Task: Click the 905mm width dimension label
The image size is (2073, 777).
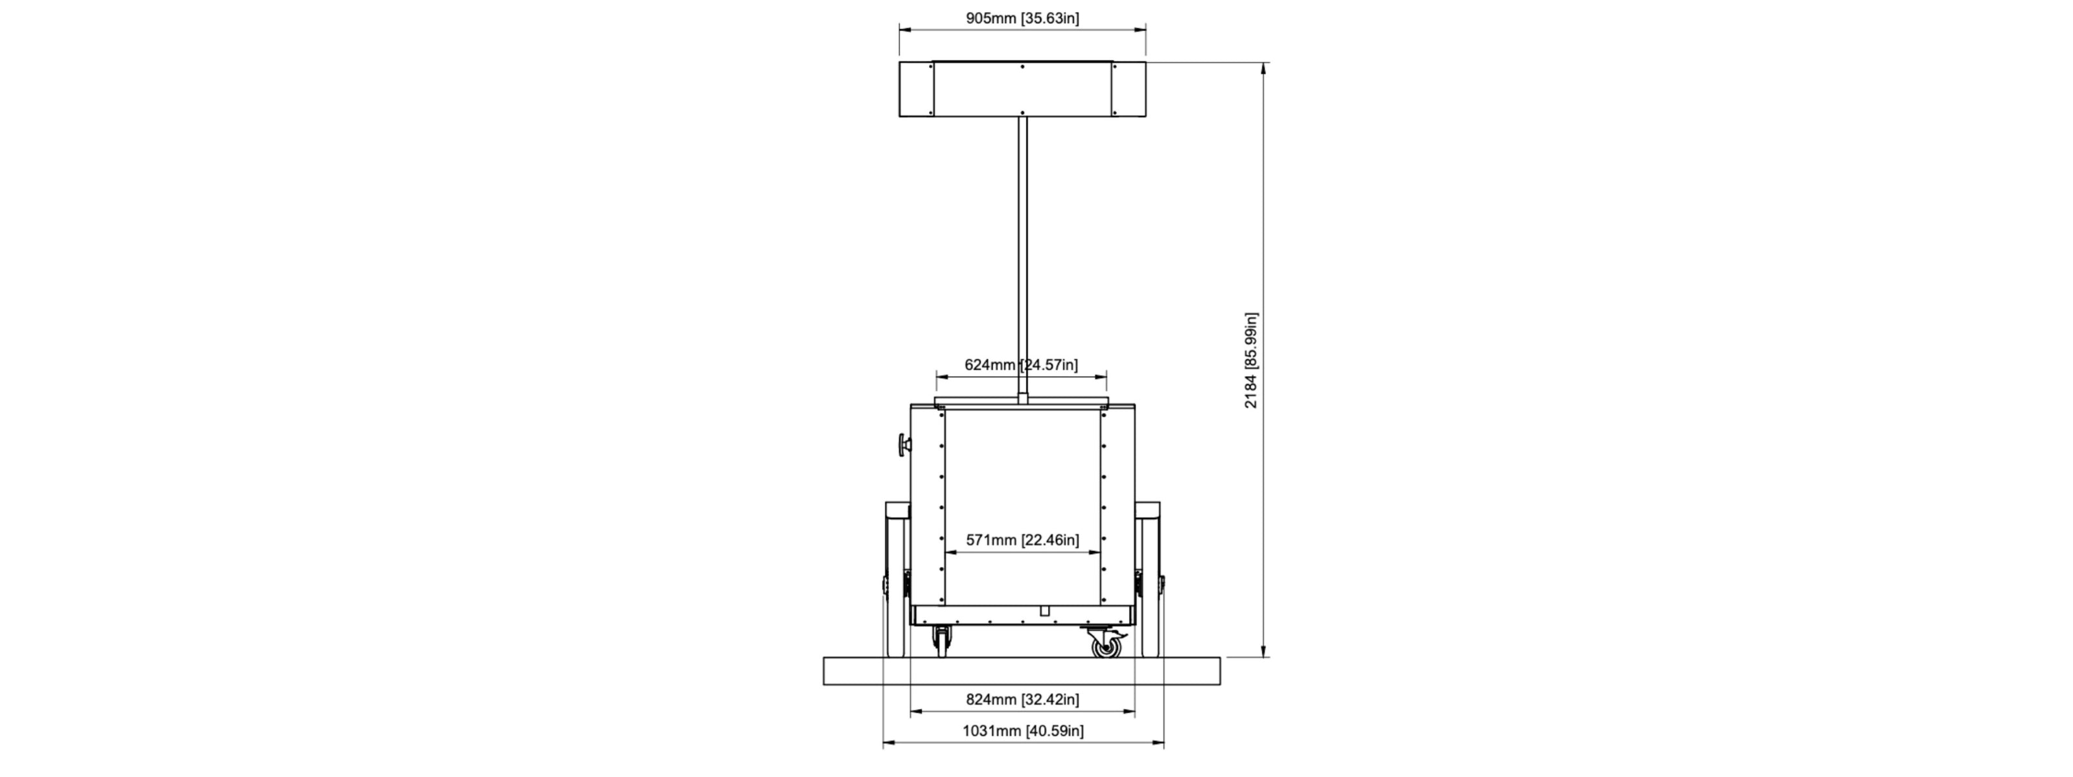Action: (x=1022, y=17)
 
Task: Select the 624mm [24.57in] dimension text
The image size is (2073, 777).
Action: (x=1021, y=365)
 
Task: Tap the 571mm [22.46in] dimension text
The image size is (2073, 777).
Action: (x=1022, y=540)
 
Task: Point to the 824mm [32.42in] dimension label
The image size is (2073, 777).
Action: (x=1022, y=699)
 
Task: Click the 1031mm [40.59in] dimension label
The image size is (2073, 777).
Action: (x=1023, y=730)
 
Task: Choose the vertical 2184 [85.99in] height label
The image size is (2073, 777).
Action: (x=1250, y=361)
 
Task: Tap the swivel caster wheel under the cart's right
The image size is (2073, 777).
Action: (x=1106, y=644)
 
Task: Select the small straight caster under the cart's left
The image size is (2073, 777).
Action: (x=941, y=642)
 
